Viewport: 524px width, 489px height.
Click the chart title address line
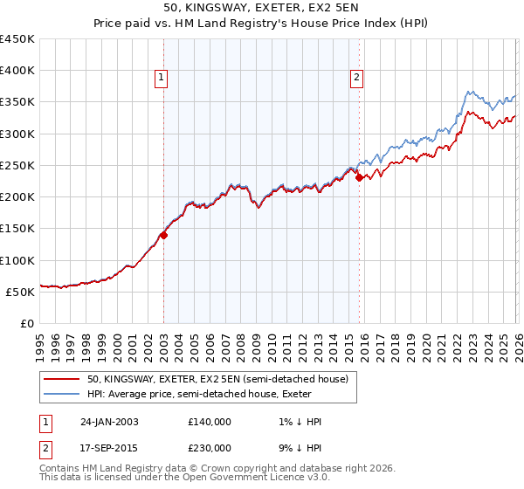(x=261, y=8)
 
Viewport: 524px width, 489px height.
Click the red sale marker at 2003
(x=163, y=234)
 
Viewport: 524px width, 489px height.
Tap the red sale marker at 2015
(x=359, y=177)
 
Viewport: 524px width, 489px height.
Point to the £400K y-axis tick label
(x=17, y=71)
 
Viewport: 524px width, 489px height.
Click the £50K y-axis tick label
(x=21, y=292)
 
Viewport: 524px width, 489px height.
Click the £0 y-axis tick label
(x=28, y=323)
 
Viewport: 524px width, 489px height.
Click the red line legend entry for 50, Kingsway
(x=217, y=379)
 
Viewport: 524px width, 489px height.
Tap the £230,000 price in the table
(x=210, y=448)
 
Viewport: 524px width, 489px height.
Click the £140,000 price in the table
(x=210, y=422)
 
